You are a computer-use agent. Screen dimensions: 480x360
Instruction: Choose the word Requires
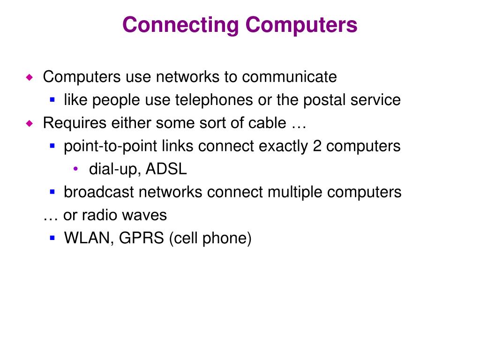pyautogui.click(x=75, y=123)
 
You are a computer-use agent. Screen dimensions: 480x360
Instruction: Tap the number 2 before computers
pyautogui.click(x=317, y=146)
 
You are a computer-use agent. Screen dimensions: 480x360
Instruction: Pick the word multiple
pyautogui.click(x=285, y=192)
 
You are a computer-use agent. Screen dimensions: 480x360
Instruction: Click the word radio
pyautogui.click(x=99, y=215)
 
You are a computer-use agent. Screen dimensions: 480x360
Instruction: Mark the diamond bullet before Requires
pyautogui.click(x=30, y=123)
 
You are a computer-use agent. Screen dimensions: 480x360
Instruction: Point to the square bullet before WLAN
pyautogui.click(x=52, y=238)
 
